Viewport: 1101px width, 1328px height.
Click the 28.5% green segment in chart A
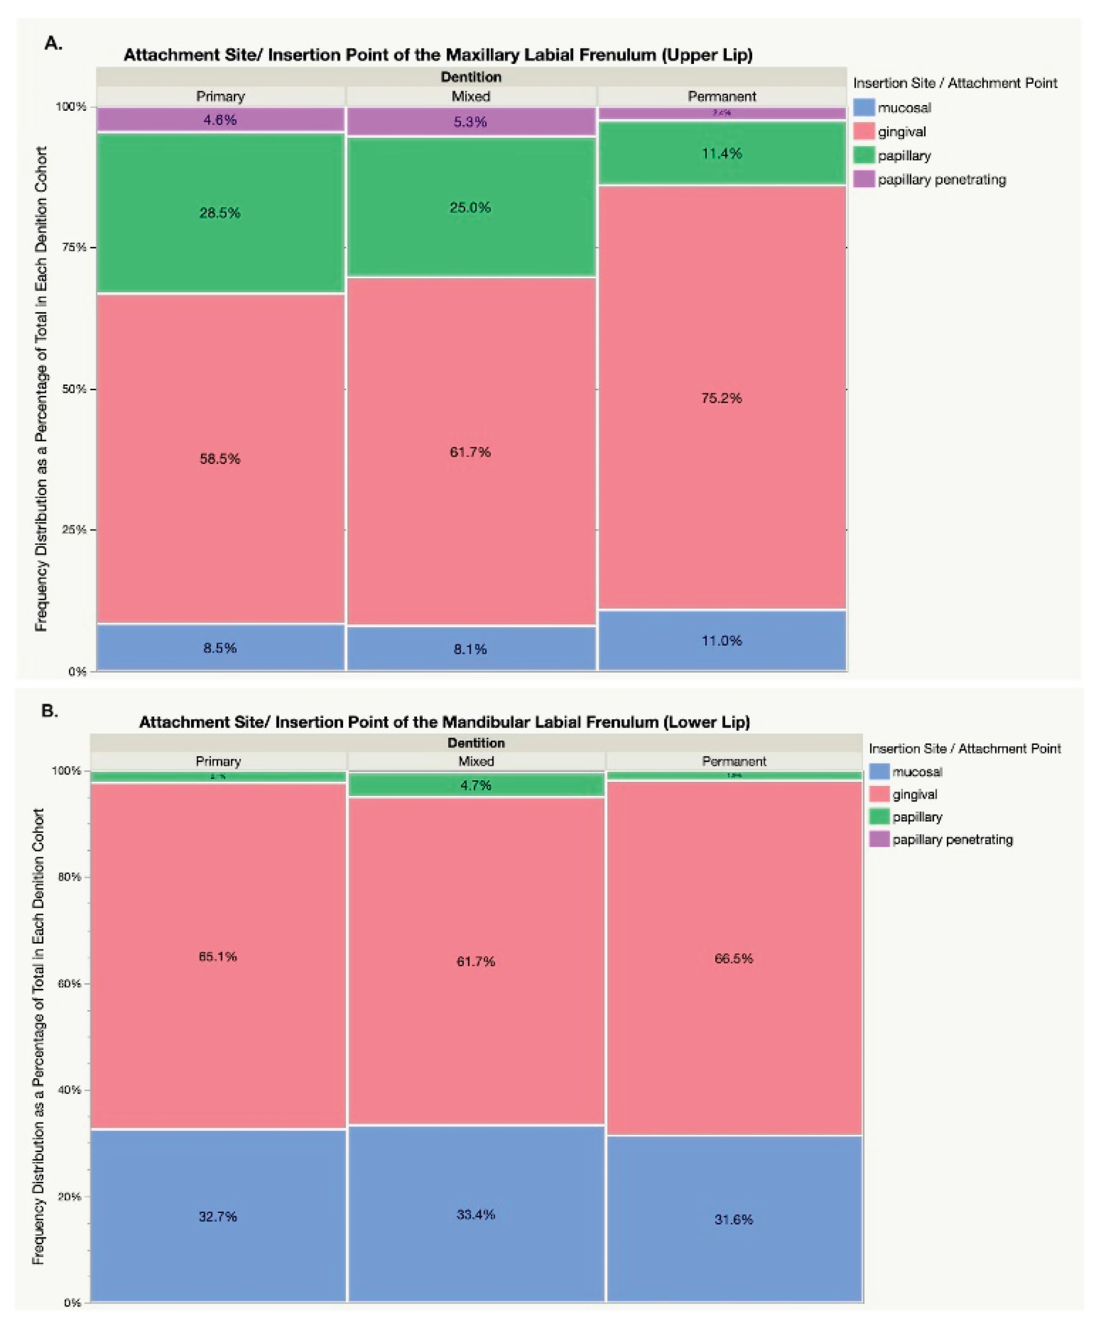coord(220,212)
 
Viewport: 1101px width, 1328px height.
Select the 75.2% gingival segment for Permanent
coord(722,398)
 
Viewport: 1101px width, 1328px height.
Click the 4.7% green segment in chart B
coord(476,785)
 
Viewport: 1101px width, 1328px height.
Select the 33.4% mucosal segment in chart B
coord(476,1214)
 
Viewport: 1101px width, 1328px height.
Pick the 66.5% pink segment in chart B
coord(733,958)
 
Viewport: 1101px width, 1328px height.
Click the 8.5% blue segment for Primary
coord(220,648)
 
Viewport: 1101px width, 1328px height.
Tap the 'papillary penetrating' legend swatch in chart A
coord(864,179)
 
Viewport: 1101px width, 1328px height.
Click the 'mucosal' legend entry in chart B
coord(917,771)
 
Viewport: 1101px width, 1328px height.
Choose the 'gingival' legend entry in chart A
coord(902,132)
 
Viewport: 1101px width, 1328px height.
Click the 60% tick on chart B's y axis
coord(71,983)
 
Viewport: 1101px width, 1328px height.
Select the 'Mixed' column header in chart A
coord(471,96)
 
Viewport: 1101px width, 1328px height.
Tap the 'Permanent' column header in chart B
coord(733,761)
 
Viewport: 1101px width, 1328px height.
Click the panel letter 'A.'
coord(54,44)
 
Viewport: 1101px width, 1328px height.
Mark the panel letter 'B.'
coord(50,710)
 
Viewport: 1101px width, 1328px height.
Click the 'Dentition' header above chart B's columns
coord(476,742)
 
